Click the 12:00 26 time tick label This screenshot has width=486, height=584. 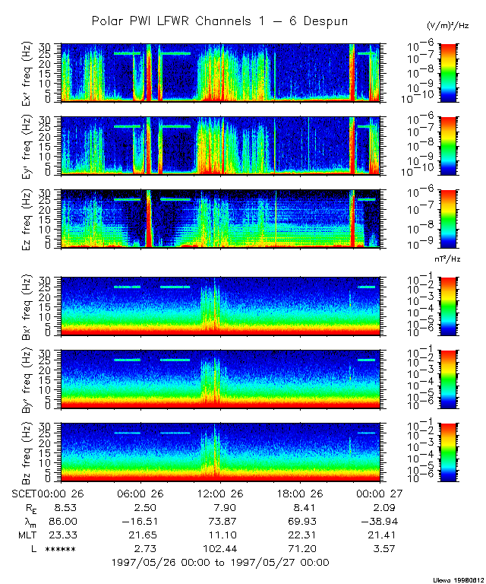(220, 493)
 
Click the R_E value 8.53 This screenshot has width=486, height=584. (60, 507)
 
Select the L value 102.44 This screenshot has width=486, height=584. (219, 548)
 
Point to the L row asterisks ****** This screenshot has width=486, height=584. (60, 549)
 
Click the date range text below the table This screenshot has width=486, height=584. (219, 563)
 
